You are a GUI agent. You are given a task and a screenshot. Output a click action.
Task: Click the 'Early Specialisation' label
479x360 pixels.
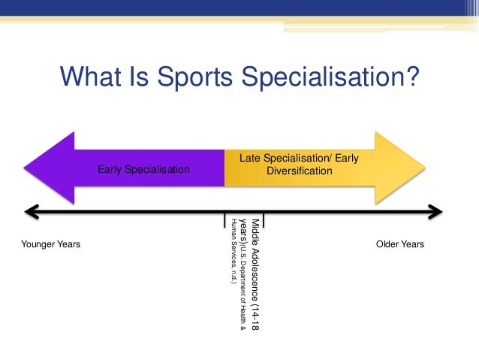click(x=143, y=170)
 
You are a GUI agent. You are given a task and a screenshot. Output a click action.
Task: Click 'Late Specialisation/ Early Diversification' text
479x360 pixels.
click(x=299, y=165)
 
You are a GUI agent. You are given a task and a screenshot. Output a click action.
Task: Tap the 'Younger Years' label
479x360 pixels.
click(x=50, y=245)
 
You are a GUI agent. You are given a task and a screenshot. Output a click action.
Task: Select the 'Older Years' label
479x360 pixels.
click(x=399, y=245)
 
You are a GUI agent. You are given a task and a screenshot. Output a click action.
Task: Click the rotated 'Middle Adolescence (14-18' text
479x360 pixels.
click(x=255, y=275)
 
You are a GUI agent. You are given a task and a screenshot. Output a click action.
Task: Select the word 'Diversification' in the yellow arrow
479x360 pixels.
click(x=299, y=171)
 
